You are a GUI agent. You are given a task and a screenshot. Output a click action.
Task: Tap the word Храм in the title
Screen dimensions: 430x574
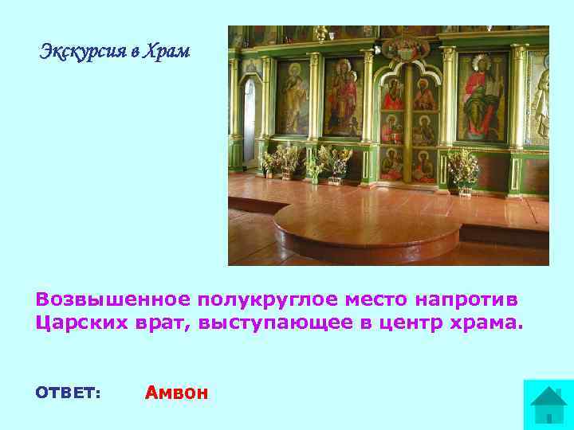pos(167,53)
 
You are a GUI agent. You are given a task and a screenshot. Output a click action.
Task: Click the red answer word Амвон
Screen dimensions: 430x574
pos(176,393)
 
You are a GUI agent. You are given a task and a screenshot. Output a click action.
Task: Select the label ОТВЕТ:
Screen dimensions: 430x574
pos(68,393)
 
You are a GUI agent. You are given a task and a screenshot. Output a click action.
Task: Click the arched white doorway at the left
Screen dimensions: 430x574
pos(250,119)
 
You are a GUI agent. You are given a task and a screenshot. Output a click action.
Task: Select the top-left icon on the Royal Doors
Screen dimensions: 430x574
pos(391,96)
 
